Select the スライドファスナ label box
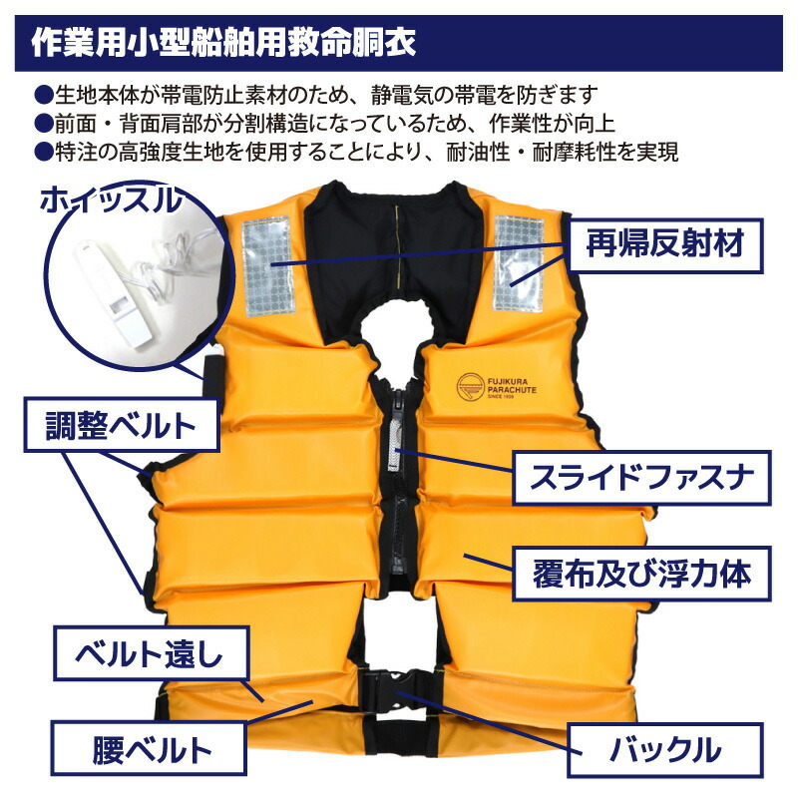coord(642,478)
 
